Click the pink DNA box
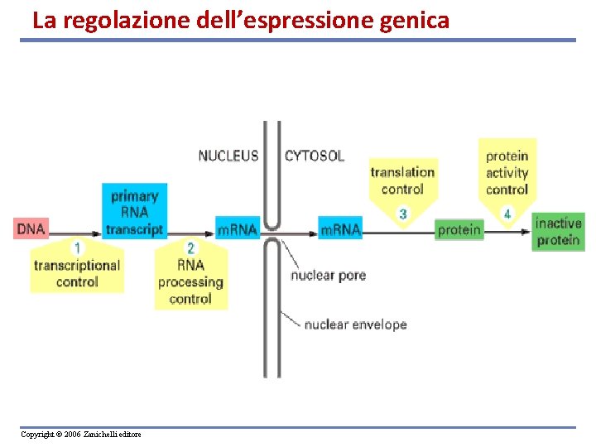pyautogui.click(x=31, y=228)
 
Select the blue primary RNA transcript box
pyautogui.click(x=135, y=212)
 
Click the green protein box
pyautogui.click(x=459, y=230)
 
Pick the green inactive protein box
pyautogui.click(x=558, y=232)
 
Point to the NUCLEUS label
pyautogui.click(x=228, y=156)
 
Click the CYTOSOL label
pyautogui.click(x=315, y=156)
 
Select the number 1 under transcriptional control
pyautogui.click(x=77, y=248)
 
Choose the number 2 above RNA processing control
pyautogui.click(x=190, y=248)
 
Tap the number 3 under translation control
pyautogui.click(x=403, y=214)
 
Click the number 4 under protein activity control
pyautogui.click(x=507, y=214)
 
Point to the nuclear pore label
pyautogui.click(x=328, y=275)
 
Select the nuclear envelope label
pyautogui.click(x=355, y=324)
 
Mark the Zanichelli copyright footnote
pyautogui.click(x=81, y=435)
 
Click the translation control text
pyautogui.click(x=402, y=180)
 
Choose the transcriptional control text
pyautogui.click(x=77, y=273)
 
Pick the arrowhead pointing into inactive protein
pyautogui.click(x=526, y=231)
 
